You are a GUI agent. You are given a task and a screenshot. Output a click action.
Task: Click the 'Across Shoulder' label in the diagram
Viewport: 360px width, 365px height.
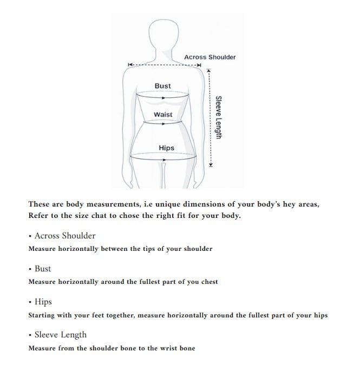(x=210, y=57)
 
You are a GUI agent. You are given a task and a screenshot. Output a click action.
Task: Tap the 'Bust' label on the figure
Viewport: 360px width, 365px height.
(x=162, y=86)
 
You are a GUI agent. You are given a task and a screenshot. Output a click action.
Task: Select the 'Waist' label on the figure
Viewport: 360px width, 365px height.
(x=163, y=115)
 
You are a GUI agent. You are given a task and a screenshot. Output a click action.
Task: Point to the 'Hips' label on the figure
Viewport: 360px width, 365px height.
(x=166, y=148)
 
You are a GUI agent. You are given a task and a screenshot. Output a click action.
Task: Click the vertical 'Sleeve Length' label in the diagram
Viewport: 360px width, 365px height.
(x=218, y=117)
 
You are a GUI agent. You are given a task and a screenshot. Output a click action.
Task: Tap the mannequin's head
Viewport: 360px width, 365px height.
(x=164, y=34)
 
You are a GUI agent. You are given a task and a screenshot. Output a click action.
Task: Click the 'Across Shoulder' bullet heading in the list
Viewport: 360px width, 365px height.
(x=64, y=236)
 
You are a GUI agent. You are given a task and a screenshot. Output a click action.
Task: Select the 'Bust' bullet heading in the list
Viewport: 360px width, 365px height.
(x=43, y=269)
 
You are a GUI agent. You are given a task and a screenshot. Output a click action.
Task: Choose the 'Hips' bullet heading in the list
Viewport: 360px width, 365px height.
(x=43, y=302)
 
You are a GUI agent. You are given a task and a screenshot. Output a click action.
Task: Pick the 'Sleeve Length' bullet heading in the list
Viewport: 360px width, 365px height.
(x=60, y=335)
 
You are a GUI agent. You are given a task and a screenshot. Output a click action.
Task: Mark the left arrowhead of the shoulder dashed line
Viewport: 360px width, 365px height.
(x=129, y=65)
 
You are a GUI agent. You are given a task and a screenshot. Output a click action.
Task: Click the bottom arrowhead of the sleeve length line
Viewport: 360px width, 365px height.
(x=211, y=165)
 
